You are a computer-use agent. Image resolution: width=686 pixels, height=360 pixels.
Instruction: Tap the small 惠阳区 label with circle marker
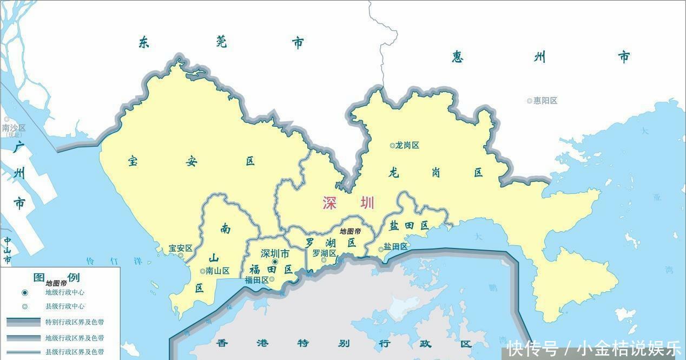pyautogui.click(x=542, y=101)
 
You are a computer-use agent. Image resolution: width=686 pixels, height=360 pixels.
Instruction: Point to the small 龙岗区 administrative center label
pyautogui.click(x=405, y=145)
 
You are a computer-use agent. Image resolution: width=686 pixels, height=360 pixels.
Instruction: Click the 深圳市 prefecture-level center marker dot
pyautogui.click(x=275, y=262)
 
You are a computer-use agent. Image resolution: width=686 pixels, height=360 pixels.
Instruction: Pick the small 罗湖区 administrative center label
pyautogui.click(x=325, y=253)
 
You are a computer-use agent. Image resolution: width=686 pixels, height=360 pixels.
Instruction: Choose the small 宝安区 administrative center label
pyautogui.click(x=180, y=248)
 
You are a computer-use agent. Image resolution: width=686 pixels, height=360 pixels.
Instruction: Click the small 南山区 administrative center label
pyautogui.click(x=215, y=271)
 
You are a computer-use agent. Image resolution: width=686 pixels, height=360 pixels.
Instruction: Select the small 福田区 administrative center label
pyautogui.click(x=257, y=280)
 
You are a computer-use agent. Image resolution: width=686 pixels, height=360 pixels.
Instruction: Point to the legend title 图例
pyautogui.click(x=56, y=278)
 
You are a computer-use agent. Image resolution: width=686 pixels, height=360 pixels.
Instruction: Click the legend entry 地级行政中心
pyautogui.click(x=64, y=292)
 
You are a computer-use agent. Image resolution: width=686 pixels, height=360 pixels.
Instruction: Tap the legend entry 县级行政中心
pyautogui.click(x=64, y=306)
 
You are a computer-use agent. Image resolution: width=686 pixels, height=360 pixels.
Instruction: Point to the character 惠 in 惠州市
pyautogui.click(x=458, y=57)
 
